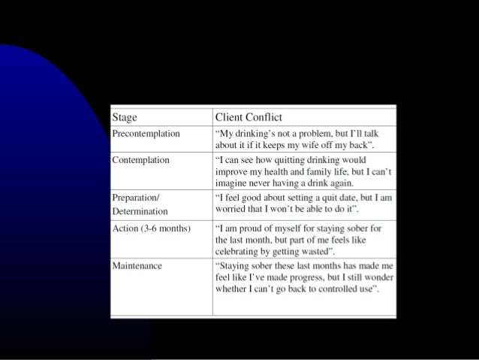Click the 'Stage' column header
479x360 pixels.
pos(125,116)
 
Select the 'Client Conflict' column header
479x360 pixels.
pos(249,116)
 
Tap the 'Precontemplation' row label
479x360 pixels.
pos(146,133)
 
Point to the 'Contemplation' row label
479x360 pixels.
pos(140,159)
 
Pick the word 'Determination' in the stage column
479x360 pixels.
pos(140,211)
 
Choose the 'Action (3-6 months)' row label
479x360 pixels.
pos(150,227)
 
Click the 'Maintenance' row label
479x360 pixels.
pos(136,265)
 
